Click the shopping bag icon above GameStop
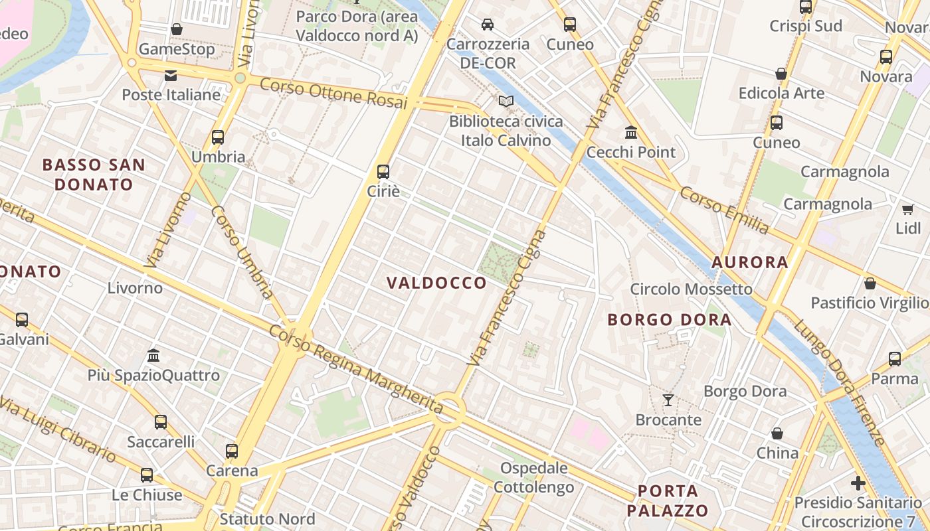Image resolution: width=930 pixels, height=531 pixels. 177,29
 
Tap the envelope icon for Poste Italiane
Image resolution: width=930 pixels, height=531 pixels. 171,75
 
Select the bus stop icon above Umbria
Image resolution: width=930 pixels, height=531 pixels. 218,137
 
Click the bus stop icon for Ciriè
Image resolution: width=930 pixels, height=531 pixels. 383,172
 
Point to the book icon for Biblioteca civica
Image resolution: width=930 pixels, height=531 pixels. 506,102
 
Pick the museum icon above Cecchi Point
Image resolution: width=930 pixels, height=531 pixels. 631,132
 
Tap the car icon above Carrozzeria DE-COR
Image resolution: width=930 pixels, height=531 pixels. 488,25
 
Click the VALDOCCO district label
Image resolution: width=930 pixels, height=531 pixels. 437,283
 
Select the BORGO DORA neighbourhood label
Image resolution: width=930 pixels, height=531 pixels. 669,320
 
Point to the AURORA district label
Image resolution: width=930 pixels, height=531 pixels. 750,262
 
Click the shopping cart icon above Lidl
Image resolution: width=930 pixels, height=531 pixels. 908,209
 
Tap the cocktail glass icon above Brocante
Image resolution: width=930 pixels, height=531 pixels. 668,400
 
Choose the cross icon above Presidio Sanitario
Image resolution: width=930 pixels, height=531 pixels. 858,483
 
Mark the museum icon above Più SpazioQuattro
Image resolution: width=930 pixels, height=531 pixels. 154,355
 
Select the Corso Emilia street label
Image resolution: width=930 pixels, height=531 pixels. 724,210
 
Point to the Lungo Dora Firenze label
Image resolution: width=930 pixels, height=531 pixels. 839,383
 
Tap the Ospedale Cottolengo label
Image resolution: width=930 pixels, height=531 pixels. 533,477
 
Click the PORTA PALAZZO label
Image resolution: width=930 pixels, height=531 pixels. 668,501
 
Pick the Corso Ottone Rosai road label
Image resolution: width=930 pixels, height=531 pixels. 333,94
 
